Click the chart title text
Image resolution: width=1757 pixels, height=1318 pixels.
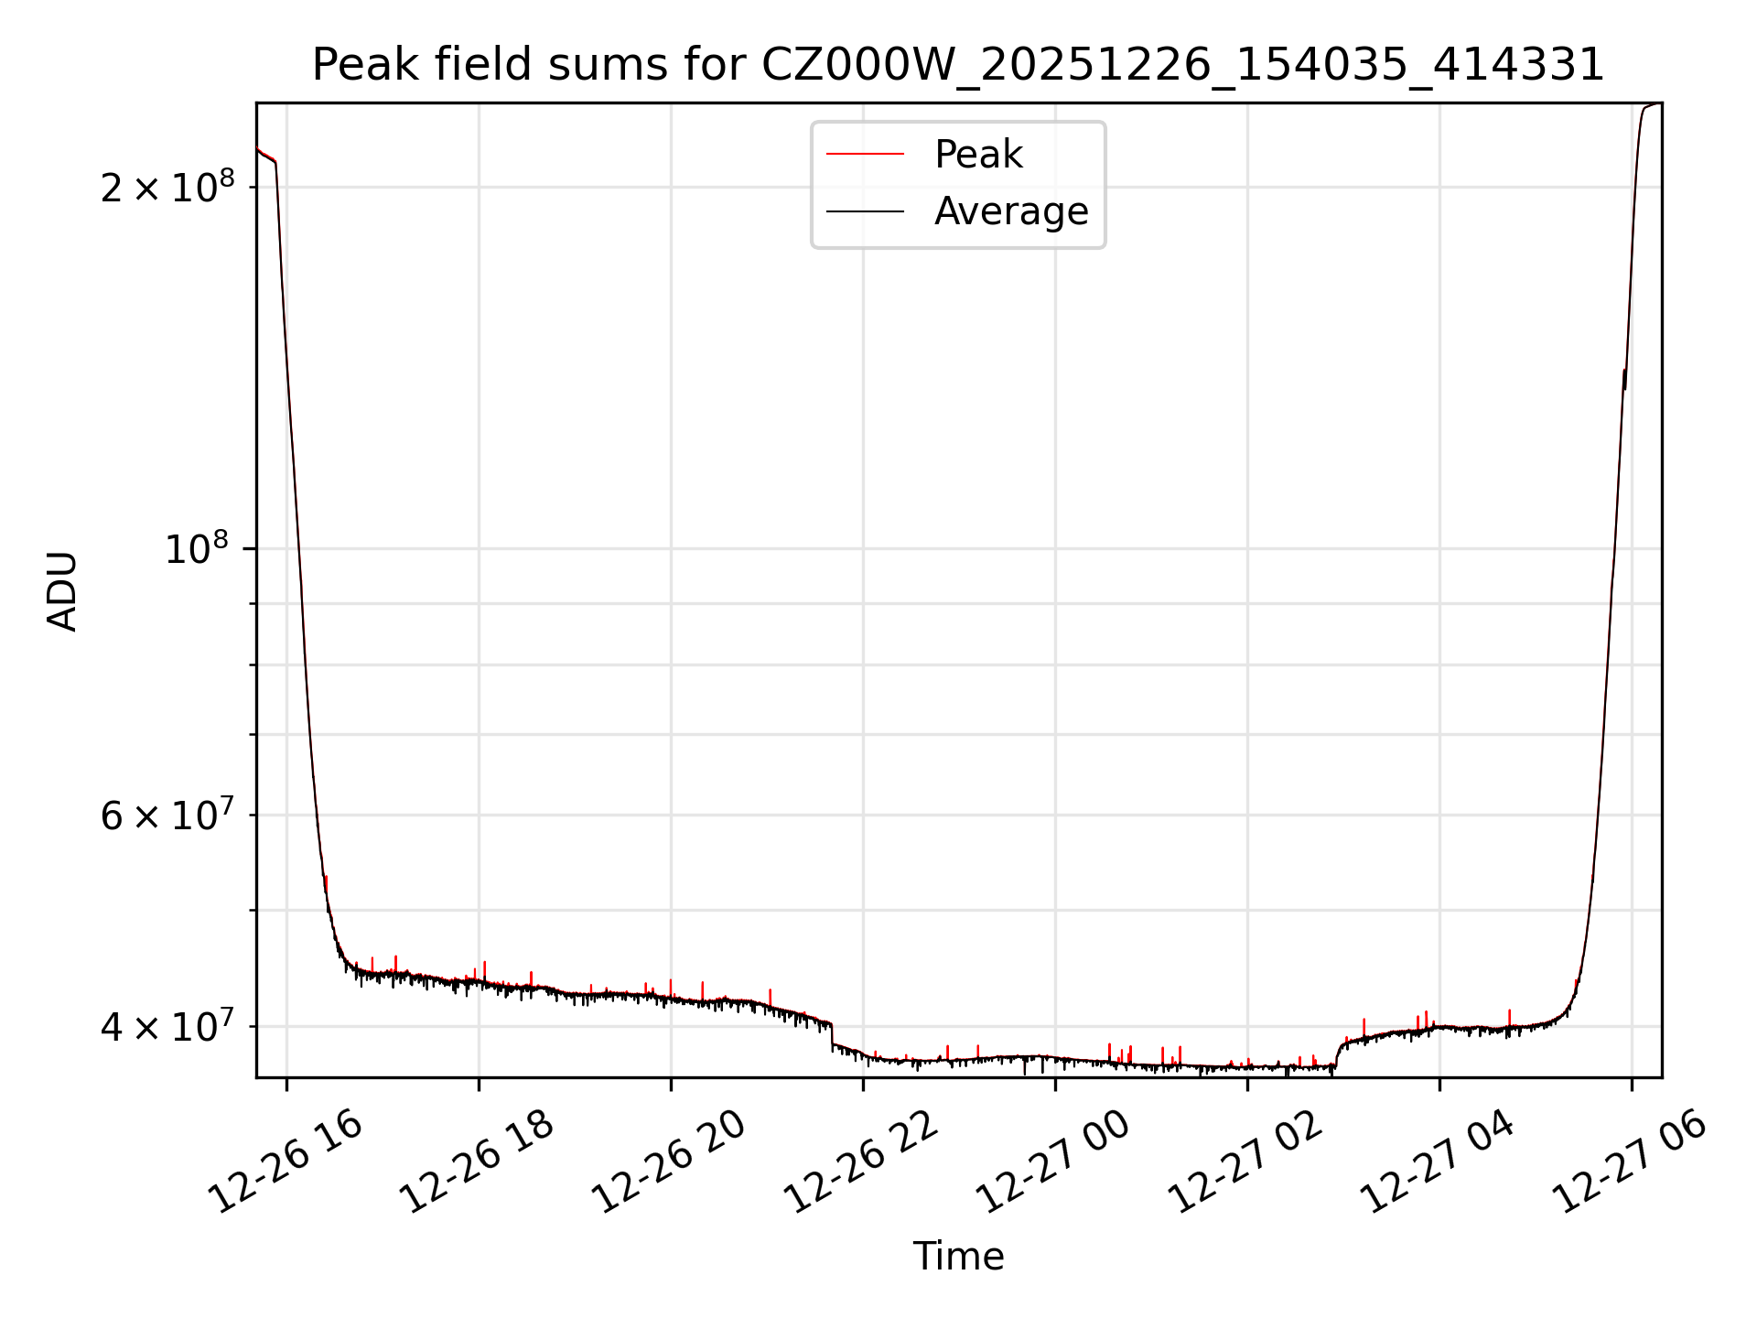pyautogui.click(x=958, y=65)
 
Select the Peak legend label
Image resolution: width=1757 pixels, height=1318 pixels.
pyautogui.click(x=977, y=155)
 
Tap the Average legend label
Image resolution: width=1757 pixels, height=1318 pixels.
pyautogui.click(x=1010, y=211)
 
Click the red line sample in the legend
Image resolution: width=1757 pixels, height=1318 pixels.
pyautogui.click(x=865, y=155)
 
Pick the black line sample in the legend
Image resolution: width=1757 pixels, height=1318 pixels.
pyautogui.click(x=865, y=211)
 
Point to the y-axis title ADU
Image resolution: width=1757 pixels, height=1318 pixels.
pyautogui.click(x=62, y=590)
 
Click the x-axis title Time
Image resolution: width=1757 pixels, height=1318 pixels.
pyautogui.click(x=958, y=1256)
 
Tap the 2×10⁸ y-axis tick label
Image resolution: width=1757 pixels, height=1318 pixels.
pyautogui.click(x=167, y=187)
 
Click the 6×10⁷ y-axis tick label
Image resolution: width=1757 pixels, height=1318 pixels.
pyautogui.click(x=167, y=815)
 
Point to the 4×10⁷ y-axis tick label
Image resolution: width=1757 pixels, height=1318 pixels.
pyautogui.click(x=167, y=1026)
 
